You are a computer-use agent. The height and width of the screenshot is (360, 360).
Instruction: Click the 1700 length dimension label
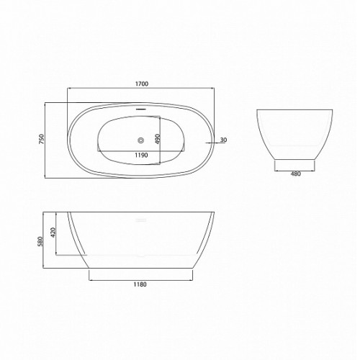pyautogui.click(x=142, y=84)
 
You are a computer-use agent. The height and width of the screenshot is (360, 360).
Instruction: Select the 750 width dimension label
pyautogui.click(x=42, y=139)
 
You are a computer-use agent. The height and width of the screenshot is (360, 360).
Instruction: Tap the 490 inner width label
pyautogui.click(x=158, y=139)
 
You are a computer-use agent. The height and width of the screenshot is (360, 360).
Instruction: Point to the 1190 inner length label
pyautogui.click(x=141, y=155)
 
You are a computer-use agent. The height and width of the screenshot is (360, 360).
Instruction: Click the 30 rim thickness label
pyautogui.click(x=223, y=140)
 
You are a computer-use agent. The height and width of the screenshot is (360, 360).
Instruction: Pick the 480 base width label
pyautogui.click(x=295, y=174)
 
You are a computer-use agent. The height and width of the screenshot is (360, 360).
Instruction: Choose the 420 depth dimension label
pyautogui.click(x=53, y=233)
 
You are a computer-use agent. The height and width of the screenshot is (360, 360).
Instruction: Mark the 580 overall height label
pyautogui.click(x=40, y=241)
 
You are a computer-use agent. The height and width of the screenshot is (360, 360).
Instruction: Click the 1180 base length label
pyautogui.click(x=140, y=284)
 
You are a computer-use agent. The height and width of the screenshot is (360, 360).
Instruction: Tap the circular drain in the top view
pyautogui.click(x=141, y=140)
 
